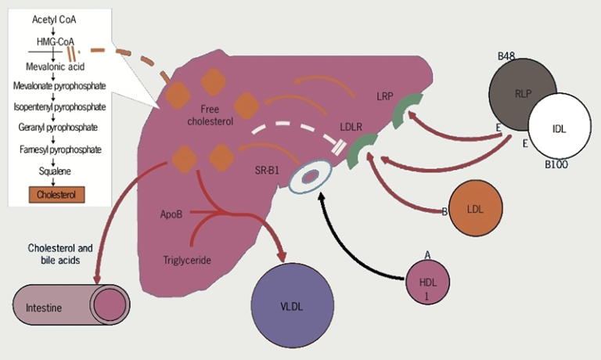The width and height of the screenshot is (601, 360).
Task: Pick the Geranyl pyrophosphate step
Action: tap(56, 124)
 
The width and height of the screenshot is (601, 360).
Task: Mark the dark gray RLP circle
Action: tap(522, 91)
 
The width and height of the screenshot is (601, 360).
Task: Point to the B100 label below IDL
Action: tap(556, 166)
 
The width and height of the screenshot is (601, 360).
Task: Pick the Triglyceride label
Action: tap(189, 260)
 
